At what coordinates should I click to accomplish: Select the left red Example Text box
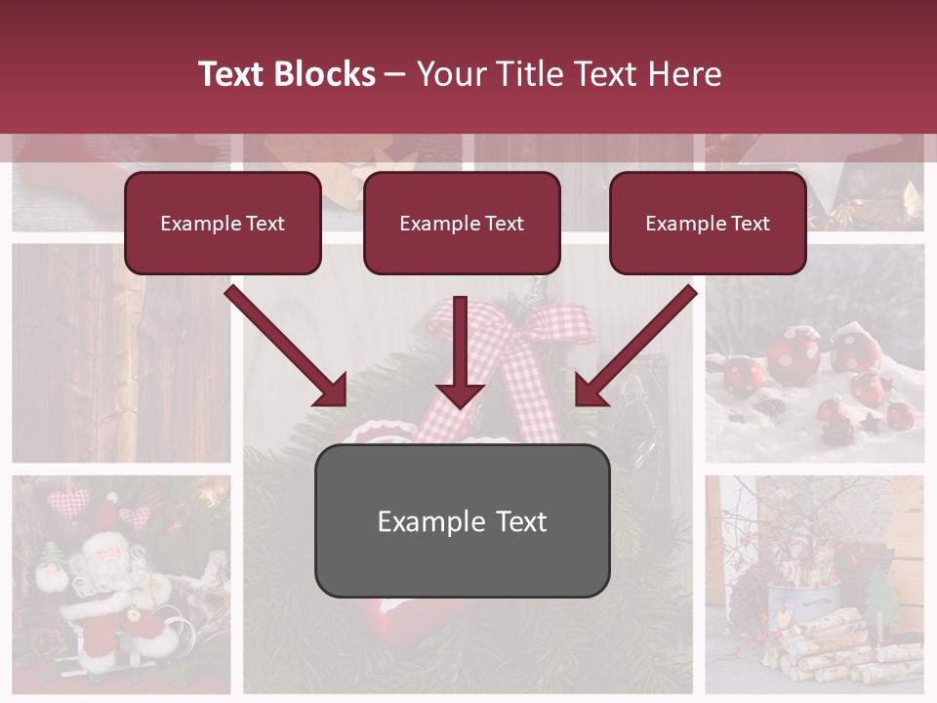tap(223, 224)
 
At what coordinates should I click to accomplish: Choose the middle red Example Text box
tap(462, 224)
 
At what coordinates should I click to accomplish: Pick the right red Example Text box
tap(708, 224)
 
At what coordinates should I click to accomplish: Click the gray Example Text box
tap(462, 521)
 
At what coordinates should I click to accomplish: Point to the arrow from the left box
tap(287, 347)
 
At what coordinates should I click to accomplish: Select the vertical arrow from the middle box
tap(460, 351)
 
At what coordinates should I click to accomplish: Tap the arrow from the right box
tap(635, 347)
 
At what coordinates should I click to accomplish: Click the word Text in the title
tap(233, 74)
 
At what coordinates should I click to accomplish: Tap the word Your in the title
tap(451, 74)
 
